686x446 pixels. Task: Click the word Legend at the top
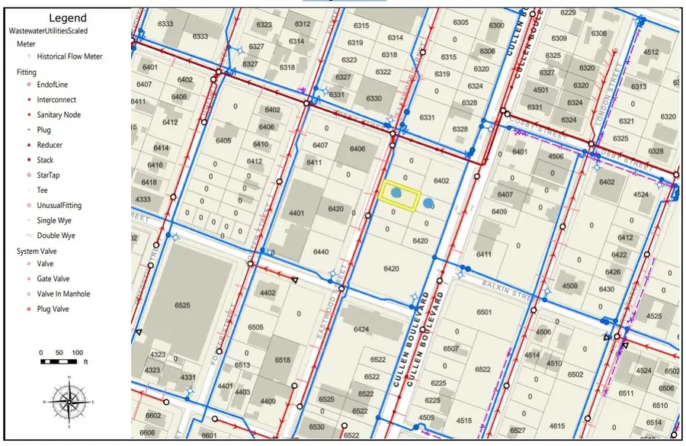[x=67, y=18]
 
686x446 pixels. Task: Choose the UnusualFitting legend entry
[x=59, y=205]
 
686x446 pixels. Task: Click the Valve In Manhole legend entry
[x=63, y=294]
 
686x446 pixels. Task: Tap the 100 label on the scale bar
[x=78, y=353]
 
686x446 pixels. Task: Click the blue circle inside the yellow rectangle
[x=396, y=195]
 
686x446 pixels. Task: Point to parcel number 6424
[x=361, y=330]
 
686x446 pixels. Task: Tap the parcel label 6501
[x=484, y=313]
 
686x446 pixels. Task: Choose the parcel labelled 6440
[x=320, y=252]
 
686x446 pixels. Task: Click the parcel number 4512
[x=650, y=53]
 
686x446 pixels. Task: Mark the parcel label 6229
[x=568, y=13]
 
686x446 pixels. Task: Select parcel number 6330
[x=373, y=99]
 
